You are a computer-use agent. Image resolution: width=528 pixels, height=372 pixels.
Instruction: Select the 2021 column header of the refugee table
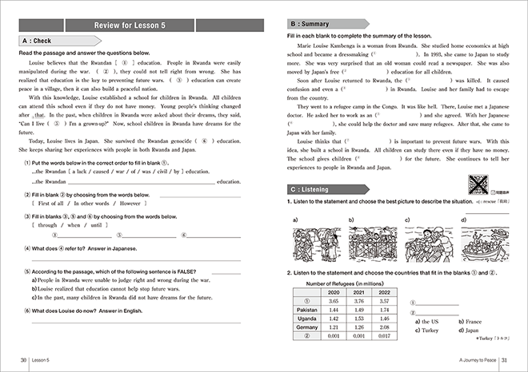pos(358,292)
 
